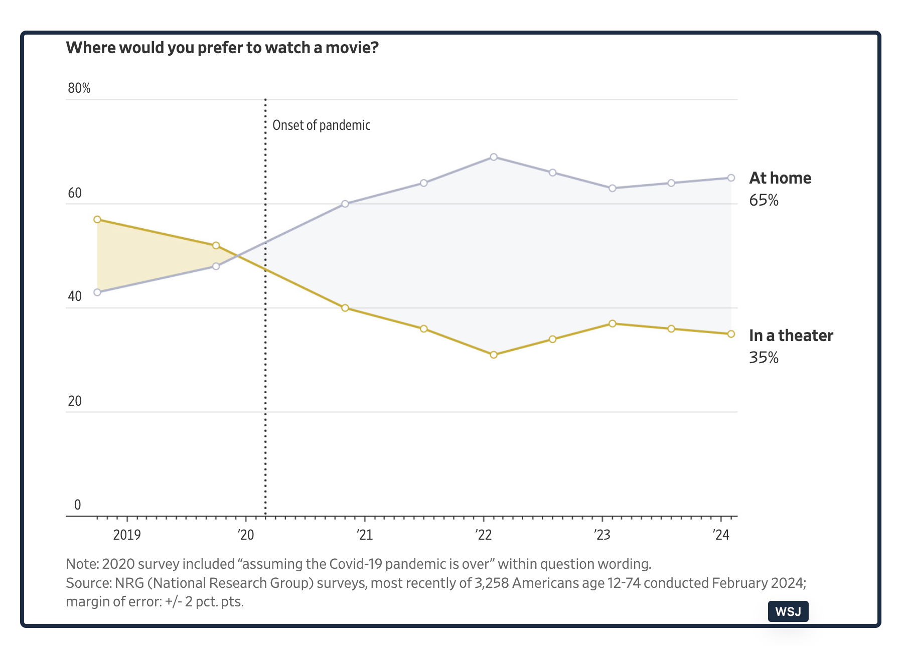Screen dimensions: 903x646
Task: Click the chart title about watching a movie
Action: coord(222,48)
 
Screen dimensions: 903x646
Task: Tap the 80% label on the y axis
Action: coord(79,88)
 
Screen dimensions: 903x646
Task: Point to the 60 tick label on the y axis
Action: coord(75,193)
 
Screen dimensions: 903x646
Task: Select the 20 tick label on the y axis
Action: coord(75,401)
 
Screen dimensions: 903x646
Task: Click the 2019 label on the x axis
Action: coord(127,535)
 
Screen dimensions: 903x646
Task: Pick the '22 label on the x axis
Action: coord(484,535)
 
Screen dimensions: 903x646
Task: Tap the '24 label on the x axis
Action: coord(721,535)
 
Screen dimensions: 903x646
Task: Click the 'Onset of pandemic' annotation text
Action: coord(321,125)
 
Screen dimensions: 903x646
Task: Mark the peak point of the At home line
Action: coord(494,157)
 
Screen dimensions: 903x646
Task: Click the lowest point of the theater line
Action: coord(494,355)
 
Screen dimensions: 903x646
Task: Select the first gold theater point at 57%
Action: coord(97,220)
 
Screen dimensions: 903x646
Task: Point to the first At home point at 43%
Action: coord(97,292)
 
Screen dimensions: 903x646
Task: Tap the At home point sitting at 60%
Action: coord(345,204)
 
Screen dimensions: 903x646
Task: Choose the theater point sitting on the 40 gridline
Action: coord(345,308)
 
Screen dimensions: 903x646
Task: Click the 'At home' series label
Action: coord(780,178)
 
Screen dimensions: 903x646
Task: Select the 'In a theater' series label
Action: coord(791,336)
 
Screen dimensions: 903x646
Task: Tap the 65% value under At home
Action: coord(764,201)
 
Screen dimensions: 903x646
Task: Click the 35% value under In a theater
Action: coord(764,358)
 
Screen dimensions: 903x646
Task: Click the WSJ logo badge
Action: coord(788,611)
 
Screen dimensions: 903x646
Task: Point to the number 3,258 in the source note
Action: coord(492,583)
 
